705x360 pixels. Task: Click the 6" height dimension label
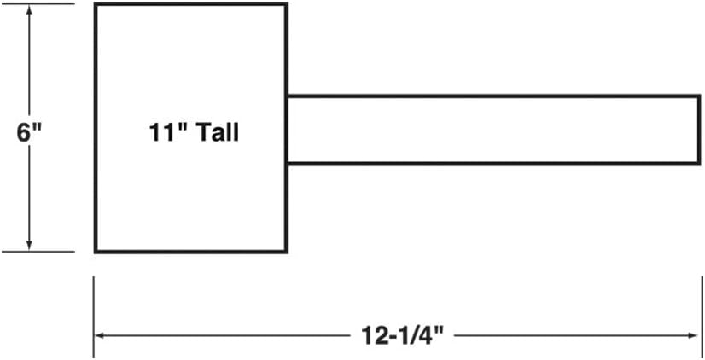click(29, 132)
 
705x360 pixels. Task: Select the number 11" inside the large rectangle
click(167, 132)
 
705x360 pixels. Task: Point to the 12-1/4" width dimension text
click(403, 335)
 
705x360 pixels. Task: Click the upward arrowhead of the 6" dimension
click(29, 11)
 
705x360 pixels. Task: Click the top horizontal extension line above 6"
click(38, 3)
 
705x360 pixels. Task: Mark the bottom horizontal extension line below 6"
click(38, 252)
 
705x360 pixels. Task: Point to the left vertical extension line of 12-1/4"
click(94, 317)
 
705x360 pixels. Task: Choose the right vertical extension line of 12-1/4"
click(702, 317)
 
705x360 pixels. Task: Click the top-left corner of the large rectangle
click(96, 4)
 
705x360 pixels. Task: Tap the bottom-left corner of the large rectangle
click(96, 252)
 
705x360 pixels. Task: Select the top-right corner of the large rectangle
click(287, 4)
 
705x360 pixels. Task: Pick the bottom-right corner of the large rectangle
click(287, 252)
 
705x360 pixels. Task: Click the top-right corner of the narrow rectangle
click(700, 96)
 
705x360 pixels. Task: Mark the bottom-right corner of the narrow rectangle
click(700, 164)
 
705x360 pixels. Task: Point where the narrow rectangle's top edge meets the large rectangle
click(287, 96)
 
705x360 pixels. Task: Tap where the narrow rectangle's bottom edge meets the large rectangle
click(287, 164)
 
